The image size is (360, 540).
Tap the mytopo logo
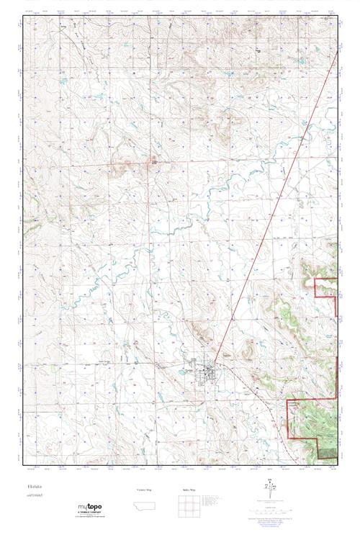90,508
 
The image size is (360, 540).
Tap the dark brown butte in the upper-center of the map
153,162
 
